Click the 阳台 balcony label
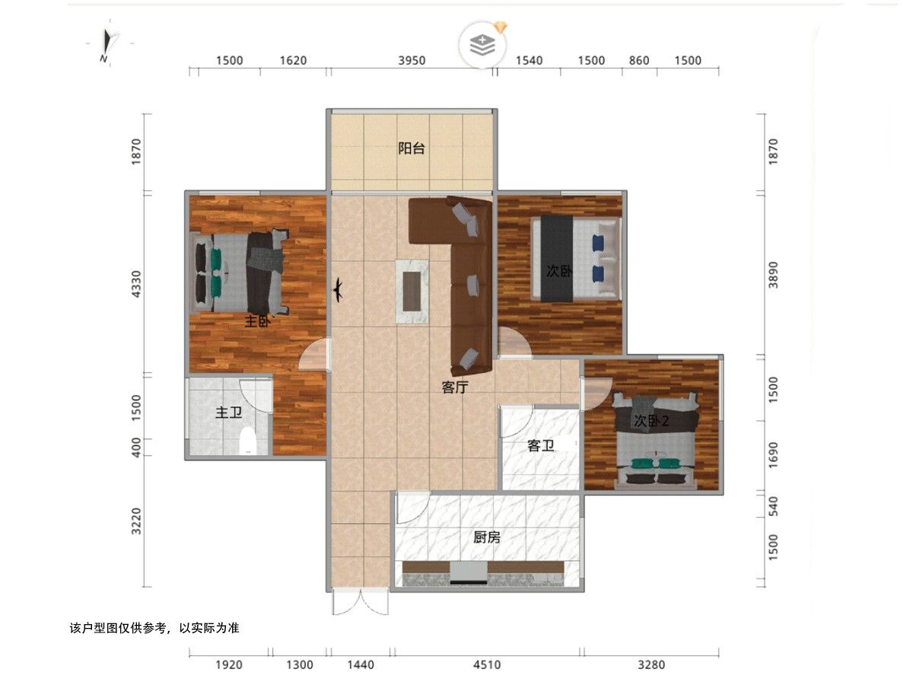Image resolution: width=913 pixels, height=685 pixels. (411, 148)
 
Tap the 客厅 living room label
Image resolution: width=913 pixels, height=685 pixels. (455, 387)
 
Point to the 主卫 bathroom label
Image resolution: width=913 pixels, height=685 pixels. (228, 413)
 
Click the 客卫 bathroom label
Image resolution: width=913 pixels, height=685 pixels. (540, 446)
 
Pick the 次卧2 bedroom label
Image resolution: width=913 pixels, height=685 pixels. (651, 421)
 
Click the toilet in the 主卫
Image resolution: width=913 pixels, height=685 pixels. (247, 440)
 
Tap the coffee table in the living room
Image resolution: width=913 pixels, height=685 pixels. (412, 292)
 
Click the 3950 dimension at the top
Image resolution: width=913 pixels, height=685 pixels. (412, 61)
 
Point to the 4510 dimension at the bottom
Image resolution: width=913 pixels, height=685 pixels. (487, 664)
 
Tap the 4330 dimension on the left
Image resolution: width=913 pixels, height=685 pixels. (136, 284)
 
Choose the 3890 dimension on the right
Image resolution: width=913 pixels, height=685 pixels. (772, 275)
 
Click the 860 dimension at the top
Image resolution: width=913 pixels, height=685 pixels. (639, 61)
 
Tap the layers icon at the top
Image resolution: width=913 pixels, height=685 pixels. (482, 44)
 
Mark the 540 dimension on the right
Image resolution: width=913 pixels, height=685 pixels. (772, 506)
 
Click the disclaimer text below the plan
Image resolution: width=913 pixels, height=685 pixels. (154, 628)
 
